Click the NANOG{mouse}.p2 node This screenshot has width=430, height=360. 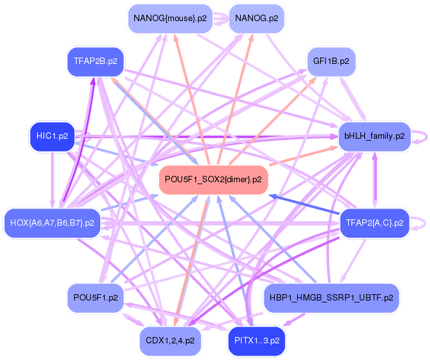click(x=169, y=19)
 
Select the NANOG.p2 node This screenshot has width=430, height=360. click(x=256, y=19)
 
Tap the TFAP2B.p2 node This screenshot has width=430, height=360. click(x=95, y=61)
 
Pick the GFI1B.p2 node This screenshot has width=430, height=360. click(x=331, y=61)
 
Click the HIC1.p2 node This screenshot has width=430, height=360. click(x=52, y=136)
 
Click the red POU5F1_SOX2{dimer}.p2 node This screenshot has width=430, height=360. click(x=213, y=180)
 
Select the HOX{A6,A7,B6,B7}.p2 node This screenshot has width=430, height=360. click(x=52, y=223)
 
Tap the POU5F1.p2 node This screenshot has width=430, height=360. click(x=95, y=298)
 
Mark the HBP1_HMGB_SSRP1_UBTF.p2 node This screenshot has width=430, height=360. click(x=331, y=298)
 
